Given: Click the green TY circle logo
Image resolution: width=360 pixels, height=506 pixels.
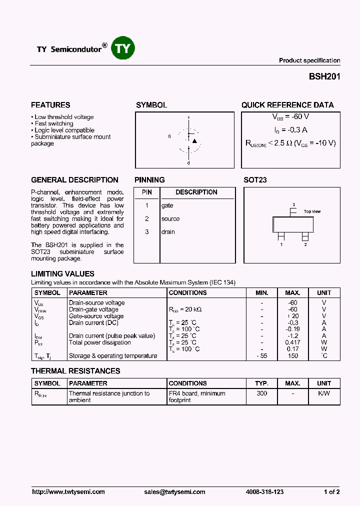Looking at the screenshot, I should tap(123, 48).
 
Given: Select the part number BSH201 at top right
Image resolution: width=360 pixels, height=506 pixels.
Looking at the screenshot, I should tap(324, 77).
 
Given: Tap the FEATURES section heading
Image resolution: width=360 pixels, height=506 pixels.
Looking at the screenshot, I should tap(50, 105).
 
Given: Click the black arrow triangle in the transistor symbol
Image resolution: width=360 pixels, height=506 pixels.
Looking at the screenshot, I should tap(194, 141).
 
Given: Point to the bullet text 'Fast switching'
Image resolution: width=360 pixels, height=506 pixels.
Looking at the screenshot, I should tap(54, 123).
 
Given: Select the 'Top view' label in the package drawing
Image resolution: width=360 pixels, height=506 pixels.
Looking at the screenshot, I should tap(312, 211).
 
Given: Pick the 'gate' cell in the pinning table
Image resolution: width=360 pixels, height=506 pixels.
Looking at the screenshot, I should tap(167, 205).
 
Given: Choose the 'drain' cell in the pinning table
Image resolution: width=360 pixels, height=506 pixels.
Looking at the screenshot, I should tap(168, 231).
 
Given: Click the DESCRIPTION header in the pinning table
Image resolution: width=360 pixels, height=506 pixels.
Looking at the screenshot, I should tap(196, 192).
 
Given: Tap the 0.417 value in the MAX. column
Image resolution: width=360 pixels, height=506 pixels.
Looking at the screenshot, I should tap(292, 342).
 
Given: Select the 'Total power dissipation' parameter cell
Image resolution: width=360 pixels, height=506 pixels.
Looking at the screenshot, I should tap(99, 342).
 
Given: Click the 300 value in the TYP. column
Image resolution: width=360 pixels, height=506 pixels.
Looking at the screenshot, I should tap(261, 393).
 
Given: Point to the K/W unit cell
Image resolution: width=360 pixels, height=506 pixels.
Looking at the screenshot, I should tap(324, 393).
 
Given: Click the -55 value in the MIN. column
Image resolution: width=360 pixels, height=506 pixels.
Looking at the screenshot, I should tap(261, 356).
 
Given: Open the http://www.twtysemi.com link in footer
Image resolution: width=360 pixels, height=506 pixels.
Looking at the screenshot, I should tap(68, 492).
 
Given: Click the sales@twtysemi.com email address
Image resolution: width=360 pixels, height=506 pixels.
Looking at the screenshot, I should tap(174, 492).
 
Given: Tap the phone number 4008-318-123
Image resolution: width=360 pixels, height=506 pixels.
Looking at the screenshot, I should tap(265, 492).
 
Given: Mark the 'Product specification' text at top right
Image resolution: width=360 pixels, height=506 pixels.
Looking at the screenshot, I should tap(309, 60).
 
